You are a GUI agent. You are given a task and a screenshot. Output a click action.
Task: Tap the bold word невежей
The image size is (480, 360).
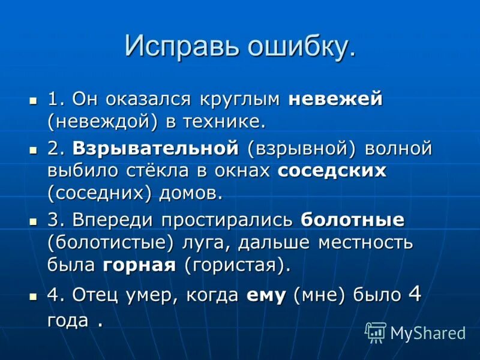click(x=335, y=99)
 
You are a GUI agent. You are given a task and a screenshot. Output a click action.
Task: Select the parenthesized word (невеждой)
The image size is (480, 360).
click(x=103, y=122)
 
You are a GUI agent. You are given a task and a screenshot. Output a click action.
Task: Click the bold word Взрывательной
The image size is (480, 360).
click(x=155, y=148)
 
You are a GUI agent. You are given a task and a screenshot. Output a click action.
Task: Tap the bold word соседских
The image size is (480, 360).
click(x=332, y=170)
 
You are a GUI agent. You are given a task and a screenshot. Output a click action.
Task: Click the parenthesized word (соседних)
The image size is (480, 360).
click(x=101, y=193)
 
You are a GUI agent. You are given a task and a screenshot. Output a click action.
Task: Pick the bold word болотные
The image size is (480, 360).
click(x=352, y=220)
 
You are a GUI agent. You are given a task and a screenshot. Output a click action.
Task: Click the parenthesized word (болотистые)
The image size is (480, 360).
click(x=110, y=242)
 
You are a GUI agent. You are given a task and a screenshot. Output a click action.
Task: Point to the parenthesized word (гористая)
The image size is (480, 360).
click(x=238, y=265)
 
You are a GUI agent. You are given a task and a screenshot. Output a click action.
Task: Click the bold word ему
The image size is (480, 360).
click(x=266, y=295)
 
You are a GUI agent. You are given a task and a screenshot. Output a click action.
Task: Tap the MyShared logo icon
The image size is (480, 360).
click(x=376, y=332)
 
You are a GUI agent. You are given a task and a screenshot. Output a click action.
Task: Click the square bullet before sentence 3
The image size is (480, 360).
click(x=34, y=221)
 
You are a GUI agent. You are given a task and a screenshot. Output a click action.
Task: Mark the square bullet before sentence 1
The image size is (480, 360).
click(x=34, y=100)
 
